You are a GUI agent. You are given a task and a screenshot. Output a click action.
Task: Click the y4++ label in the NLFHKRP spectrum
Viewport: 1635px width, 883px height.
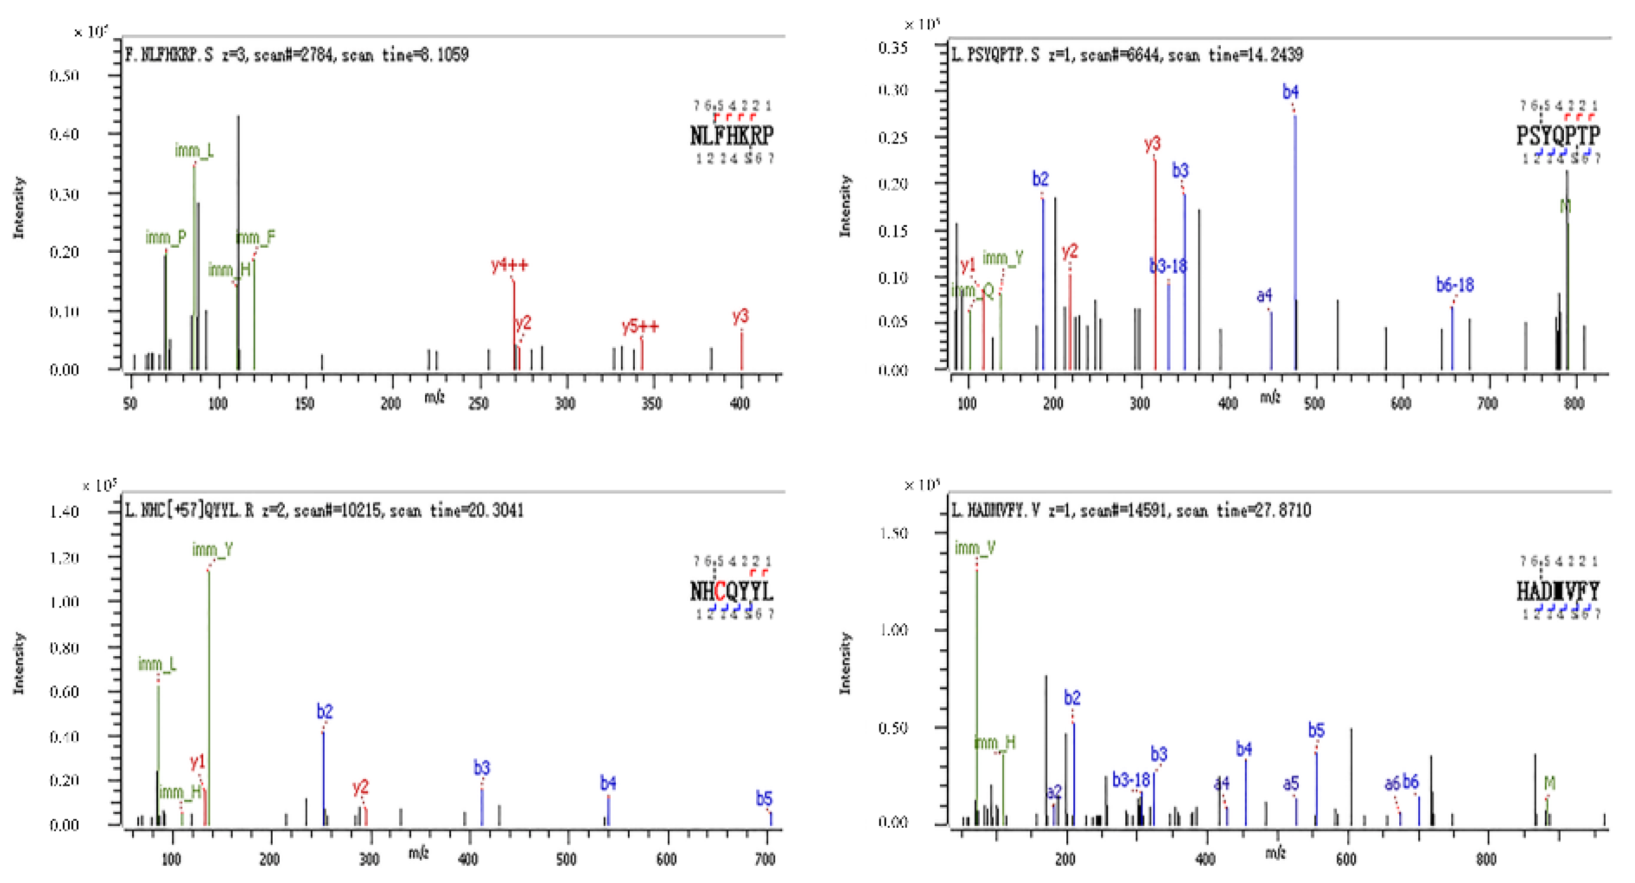point(509,265)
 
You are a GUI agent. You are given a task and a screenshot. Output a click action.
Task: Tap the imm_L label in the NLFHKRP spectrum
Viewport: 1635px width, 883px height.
point(194,151)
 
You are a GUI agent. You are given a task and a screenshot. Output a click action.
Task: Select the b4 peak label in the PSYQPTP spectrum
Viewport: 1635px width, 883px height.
point(1290,93)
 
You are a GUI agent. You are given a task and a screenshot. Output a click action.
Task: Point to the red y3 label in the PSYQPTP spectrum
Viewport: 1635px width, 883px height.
point(1152,144)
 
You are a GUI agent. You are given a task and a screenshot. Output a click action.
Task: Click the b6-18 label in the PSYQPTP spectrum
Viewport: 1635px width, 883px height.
point(1454,285)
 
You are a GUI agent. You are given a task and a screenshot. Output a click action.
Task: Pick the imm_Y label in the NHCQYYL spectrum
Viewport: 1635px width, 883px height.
point(212,549)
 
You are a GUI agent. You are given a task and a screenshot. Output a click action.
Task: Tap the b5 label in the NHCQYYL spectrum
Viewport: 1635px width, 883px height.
point(763,799)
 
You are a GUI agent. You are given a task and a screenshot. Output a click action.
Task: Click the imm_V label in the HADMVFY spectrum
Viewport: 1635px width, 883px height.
point(974,548)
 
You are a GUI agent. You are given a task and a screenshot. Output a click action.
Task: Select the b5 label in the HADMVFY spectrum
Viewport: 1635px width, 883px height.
point(1316,731)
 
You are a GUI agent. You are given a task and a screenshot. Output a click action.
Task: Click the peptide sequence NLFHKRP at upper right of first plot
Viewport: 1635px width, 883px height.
point(731,135)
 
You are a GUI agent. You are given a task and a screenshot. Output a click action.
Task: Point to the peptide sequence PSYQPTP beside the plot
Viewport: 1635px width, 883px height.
point(1557,135)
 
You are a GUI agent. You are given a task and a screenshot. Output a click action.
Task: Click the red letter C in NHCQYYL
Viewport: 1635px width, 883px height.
point(719,591)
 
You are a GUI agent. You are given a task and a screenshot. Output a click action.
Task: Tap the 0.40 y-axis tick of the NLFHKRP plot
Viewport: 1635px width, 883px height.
point(64,134)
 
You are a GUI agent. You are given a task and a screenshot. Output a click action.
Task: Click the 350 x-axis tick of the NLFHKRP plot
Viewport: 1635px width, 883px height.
point(651,403)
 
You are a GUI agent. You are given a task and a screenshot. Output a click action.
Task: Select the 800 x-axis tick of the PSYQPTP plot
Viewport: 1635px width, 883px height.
point(1573,403)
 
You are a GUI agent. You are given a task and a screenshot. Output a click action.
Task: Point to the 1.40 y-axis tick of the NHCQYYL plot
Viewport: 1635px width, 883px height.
point(64,512)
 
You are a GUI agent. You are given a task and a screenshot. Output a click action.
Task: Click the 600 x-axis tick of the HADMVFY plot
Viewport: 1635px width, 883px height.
point(1346,859)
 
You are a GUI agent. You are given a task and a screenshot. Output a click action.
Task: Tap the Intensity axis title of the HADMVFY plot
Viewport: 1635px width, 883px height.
point(845,663)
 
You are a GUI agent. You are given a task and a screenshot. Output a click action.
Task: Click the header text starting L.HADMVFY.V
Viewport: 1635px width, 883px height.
point(1131,510)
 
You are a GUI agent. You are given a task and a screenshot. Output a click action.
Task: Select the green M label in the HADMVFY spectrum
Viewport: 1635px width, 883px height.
point(1549,783)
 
